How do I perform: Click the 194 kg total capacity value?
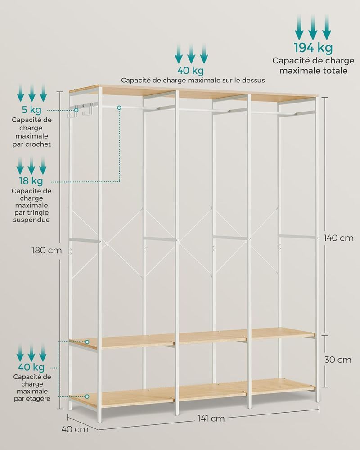click(x=313, y=48)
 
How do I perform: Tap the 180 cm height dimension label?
click(x=46, y=251)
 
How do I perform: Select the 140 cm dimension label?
click(x=339, y=238)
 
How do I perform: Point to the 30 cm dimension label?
click(x=338, y=360)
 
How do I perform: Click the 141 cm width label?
click(x=211, y=418)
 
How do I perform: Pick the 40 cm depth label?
click(x=75, y=429)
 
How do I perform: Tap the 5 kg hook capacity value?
click(x=31, y=110)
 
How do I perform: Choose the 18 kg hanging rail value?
click(x=31, y=181)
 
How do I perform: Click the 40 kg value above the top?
click(x=191, y=71)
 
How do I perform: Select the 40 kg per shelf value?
click(x=31, y=367)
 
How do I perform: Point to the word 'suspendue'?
click(x=31, y=220)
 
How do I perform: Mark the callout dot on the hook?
click(x=76, y=110)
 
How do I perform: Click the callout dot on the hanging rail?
click(x=119, y=108)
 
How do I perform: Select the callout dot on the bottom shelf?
click(x=87, y=396)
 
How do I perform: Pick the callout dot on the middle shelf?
click(x=87, y=342)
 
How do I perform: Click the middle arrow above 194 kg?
click(x=313, y=27)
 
